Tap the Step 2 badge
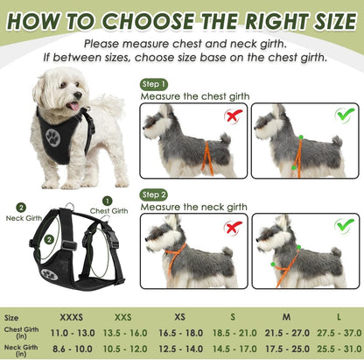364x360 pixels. pyautogui.click(x=153, y=194)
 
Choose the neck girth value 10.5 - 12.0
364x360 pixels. pyautogui.click(x=125, y=349)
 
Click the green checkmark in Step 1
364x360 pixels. pyautogui.click(x=344, y=116)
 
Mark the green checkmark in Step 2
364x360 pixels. pyautogui.click(x=344, y=226)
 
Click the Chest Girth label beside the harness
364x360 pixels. pyautogui.click(x=109, y=210)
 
